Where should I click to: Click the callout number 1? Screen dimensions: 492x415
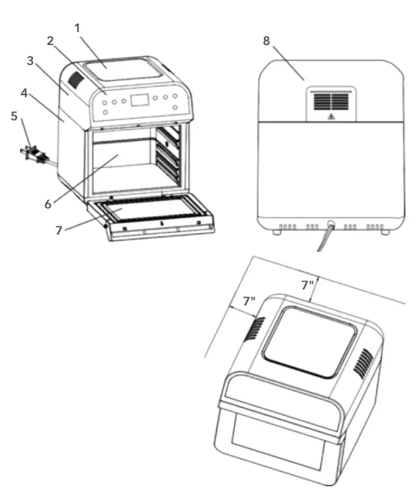tap(78, 28)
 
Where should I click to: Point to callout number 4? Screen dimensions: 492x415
tap(24, 93)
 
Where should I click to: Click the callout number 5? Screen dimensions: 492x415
tap(14, 117)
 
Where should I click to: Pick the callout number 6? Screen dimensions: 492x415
tap(48, 203)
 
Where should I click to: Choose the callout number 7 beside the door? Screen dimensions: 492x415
tap(59, 230)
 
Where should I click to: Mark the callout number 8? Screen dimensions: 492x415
tap(267, 41)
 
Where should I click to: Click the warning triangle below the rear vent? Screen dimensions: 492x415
tap(330, 117)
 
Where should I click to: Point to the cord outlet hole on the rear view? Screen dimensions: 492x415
tap(331, 226)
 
